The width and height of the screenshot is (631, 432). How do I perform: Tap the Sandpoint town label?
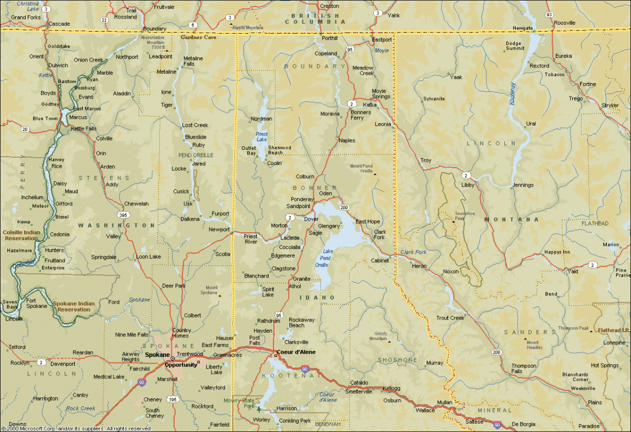[x=299, y=206]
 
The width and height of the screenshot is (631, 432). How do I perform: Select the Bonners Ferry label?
[x=361, y=115]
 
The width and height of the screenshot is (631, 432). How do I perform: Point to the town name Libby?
[x=467, y=185]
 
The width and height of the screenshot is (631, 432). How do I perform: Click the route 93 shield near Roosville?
[x=549, y=14]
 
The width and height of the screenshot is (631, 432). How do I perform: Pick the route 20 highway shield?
[x=25, y=129]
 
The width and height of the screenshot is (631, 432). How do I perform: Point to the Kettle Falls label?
[x=84, y=128]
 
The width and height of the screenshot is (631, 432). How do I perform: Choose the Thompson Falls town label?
[x=524, y=368]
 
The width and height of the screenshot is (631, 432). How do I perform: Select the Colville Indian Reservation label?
[x=21, y=235]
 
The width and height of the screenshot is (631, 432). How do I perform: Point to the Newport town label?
[x=219, y=230]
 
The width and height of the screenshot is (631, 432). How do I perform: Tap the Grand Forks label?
[x=26, y=17]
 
